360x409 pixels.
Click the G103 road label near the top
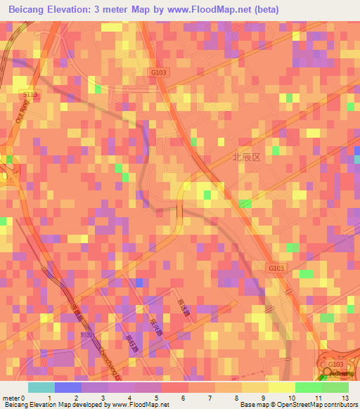click(x=157, y=71)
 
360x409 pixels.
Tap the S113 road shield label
click(x=30, y=94)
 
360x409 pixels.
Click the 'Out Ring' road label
click(x=22, y=112)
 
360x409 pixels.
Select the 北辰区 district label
click(x=247, y=158)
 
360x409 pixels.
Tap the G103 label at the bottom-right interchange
click(x=335, y=363)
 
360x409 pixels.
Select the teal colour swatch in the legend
click(x=41, y=387)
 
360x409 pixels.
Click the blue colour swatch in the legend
click(x=68, y=387)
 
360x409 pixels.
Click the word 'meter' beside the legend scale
click(x=10, y=398)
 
